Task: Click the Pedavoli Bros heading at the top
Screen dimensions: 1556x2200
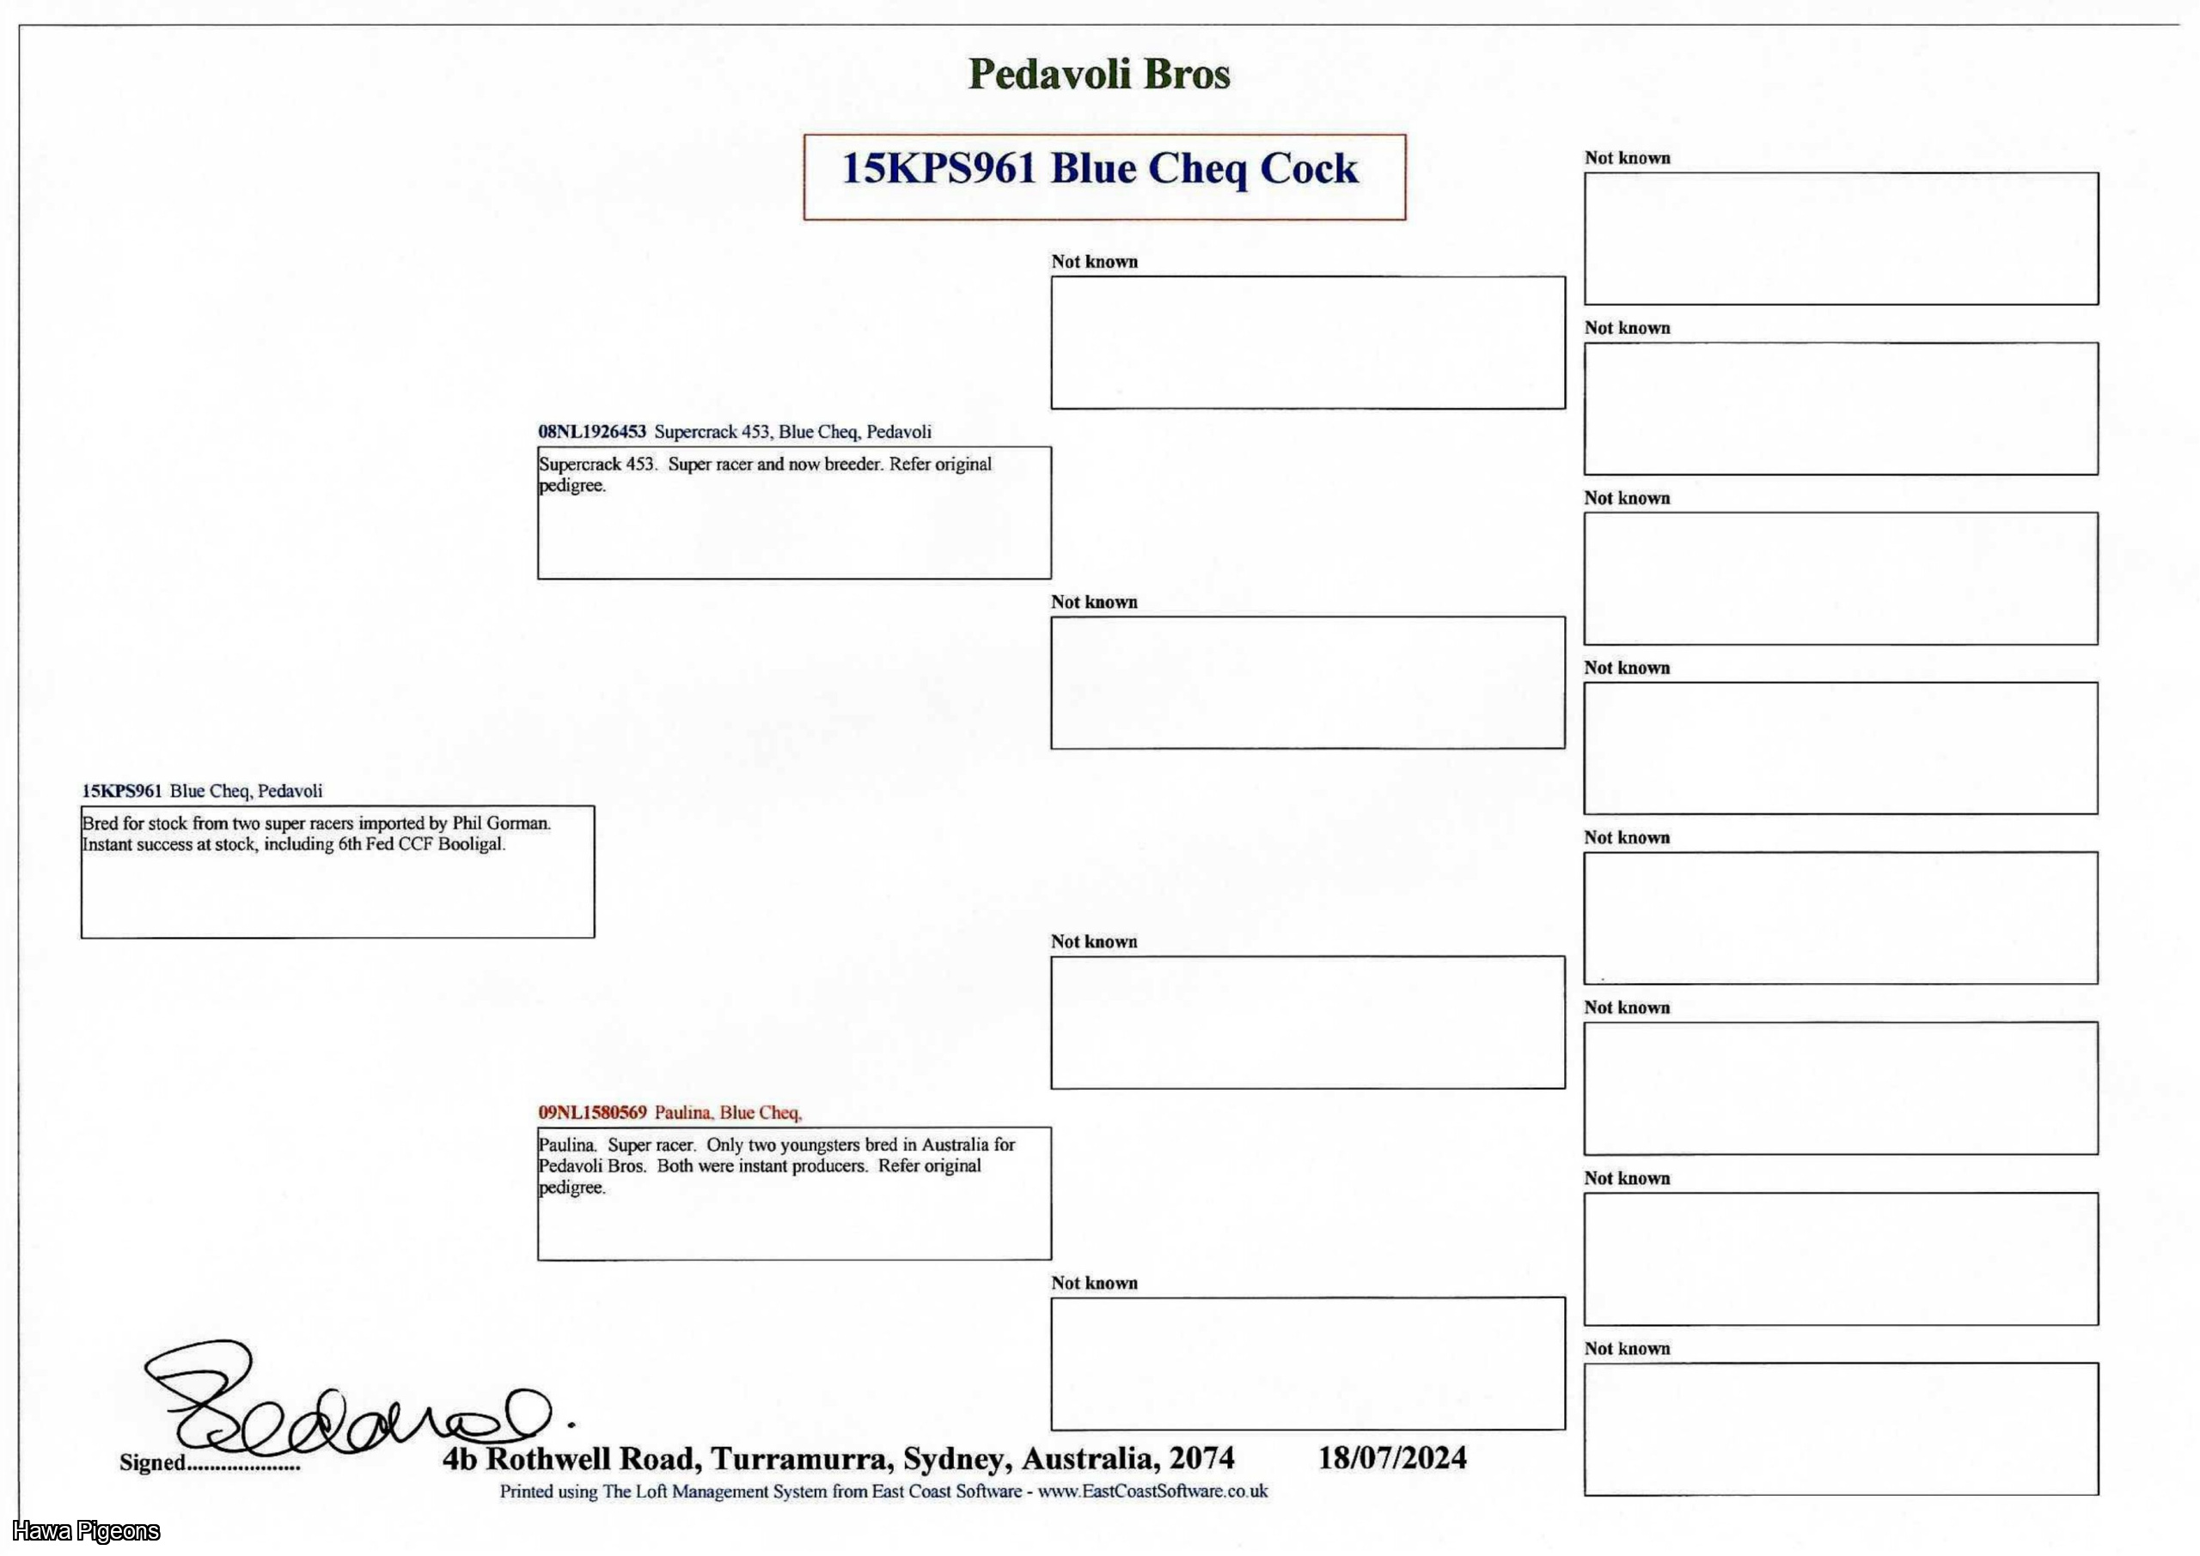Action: coord(1098,74)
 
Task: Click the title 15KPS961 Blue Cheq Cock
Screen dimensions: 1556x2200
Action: coord(1099,168)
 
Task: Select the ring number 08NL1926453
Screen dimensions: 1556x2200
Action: coord(591,432)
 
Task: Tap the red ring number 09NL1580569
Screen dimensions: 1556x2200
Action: coord(591,1112)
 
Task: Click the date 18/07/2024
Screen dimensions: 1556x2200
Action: coord(1392,1458)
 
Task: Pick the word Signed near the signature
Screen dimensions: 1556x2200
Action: coord(151,1463)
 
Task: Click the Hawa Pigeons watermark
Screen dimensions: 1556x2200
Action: coord(86,1531)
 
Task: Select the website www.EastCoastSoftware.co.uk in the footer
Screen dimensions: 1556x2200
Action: coord(1152,1492)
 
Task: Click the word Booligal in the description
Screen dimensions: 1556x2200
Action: coord(471,845)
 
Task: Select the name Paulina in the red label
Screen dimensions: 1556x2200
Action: coord(682,1112)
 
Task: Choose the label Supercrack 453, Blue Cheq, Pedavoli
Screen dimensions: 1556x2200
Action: coord(791,432)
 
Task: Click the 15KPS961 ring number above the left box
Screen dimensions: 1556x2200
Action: coord(122,792)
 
